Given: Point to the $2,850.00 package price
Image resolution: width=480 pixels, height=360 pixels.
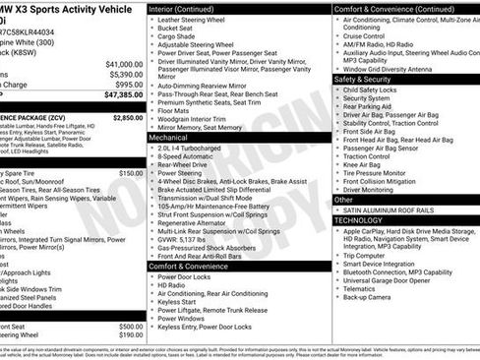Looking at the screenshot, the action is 126,116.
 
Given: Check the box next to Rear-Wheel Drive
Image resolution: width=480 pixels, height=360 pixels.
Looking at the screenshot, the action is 152,164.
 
